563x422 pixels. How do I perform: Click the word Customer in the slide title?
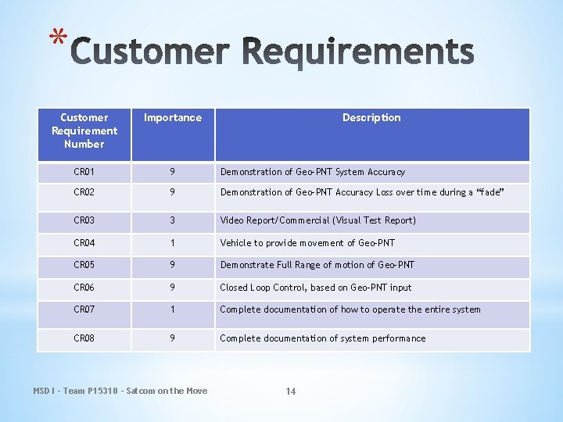(x=149, y=54)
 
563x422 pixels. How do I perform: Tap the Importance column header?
(x=173, y=118)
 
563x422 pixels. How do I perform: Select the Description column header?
(x=371, y=118)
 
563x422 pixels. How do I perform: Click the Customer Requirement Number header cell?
(x=84, y=131)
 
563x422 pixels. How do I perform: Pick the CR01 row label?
(x=84, y=172)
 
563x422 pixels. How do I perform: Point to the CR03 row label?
(x=84, y=220)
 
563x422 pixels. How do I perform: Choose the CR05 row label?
(x=84, y=265)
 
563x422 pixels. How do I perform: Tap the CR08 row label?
(x=84, y=338)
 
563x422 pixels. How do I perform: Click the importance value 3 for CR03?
(x=173, y=220)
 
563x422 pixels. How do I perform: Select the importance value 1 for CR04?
(x=173, y=243)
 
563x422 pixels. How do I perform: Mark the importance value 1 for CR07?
(x=173, y=309)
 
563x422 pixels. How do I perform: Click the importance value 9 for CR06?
(x=173, y=288)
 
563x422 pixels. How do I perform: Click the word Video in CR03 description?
(x=232, y=220)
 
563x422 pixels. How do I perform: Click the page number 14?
(x=291, y=392)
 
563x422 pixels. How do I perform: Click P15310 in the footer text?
(x=101, y=391)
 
